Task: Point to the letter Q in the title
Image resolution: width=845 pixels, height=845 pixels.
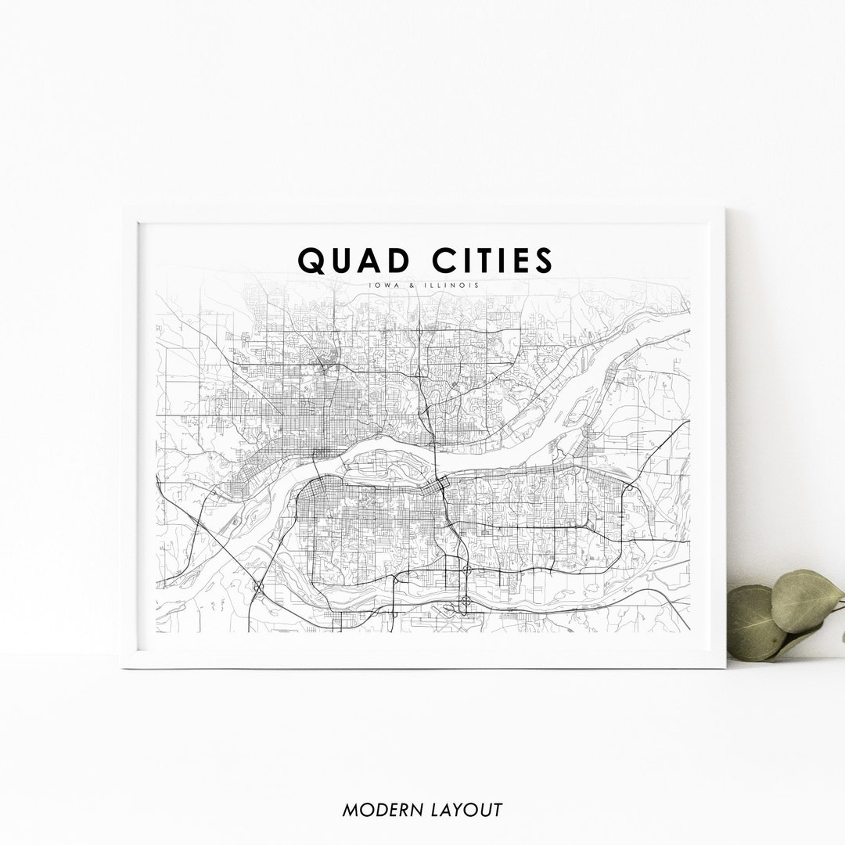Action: (313, 261)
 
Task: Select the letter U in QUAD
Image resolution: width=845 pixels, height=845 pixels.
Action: (344, 261)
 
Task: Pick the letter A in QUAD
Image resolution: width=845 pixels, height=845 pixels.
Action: (373, 261)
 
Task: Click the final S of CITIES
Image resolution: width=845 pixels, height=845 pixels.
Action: (543, 261)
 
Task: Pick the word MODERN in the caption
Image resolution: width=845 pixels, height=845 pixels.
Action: (377, 810)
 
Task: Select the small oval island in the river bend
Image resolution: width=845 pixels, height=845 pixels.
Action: (579, 408)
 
